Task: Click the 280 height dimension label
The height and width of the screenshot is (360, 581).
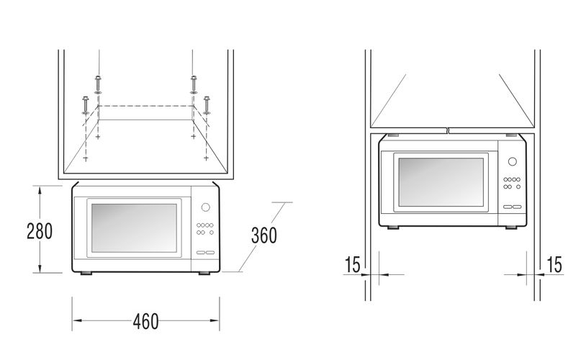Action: tap(40, 230)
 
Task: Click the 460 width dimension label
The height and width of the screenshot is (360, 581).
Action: tap(145, 321)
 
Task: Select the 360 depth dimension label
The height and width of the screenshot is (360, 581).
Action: tap(264, 235)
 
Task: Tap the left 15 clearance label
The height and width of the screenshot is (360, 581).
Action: tap(352, 264)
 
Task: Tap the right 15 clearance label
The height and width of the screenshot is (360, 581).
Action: tap(554, 264)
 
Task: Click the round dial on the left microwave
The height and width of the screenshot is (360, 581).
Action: tap(206, 207)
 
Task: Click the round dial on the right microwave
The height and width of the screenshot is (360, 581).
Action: tap(513, 161)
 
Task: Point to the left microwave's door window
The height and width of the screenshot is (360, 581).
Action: tap(134, 228)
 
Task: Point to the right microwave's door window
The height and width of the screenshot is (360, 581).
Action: tap(441, 182)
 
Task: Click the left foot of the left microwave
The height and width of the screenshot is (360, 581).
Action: tap(86, 274)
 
